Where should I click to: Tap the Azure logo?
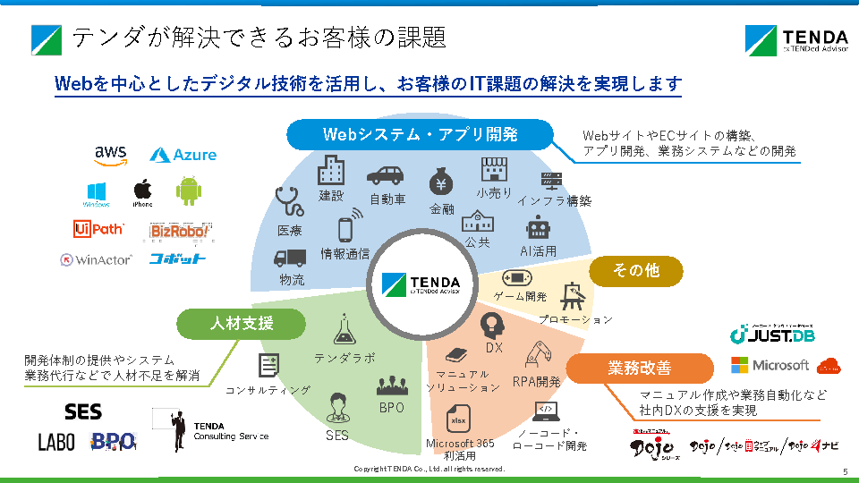point(183,155)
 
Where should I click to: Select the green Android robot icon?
point(188,191)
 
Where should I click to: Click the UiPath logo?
point(98,230)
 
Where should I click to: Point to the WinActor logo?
point(96,259)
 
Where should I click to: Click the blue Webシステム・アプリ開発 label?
point(420,135)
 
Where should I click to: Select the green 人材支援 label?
point(242,323)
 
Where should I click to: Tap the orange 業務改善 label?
point(639,368)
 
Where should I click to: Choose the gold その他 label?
point(635,270)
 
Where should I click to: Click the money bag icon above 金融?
point(442,182)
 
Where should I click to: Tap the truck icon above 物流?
point(291,258)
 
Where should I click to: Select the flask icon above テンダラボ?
point(344,331)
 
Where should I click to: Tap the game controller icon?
point(517,277)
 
